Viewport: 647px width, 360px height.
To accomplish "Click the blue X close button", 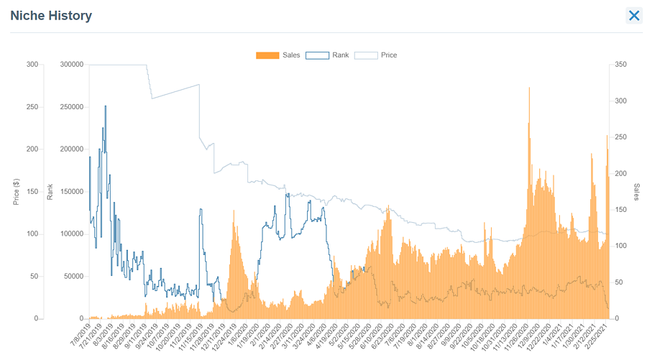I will point(633,16).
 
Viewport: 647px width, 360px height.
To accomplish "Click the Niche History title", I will point(51,15).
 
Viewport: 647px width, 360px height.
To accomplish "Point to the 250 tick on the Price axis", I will point(32,107).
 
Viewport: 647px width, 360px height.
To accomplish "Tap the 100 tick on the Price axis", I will point(32,234).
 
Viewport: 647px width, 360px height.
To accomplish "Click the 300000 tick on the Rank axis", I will point(72,65).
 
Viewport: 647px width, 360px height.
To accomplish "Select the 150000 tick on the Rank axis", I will point(72,192).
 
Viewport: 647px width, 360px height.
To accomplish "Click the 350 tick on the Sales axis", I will point(623,65).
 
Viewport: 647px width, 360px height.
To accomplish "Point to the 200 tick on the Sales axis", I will point(623,174).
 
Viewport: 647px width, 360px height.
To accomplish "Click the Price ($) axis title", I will point(17,192).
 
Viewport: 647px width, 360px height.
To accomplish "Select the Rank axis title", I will point(50,192).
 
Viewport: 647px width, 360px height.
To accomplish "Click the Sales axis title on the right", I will point(636,192).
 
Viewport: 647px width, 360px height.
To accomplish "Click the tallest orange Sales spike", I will point(530,90).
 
